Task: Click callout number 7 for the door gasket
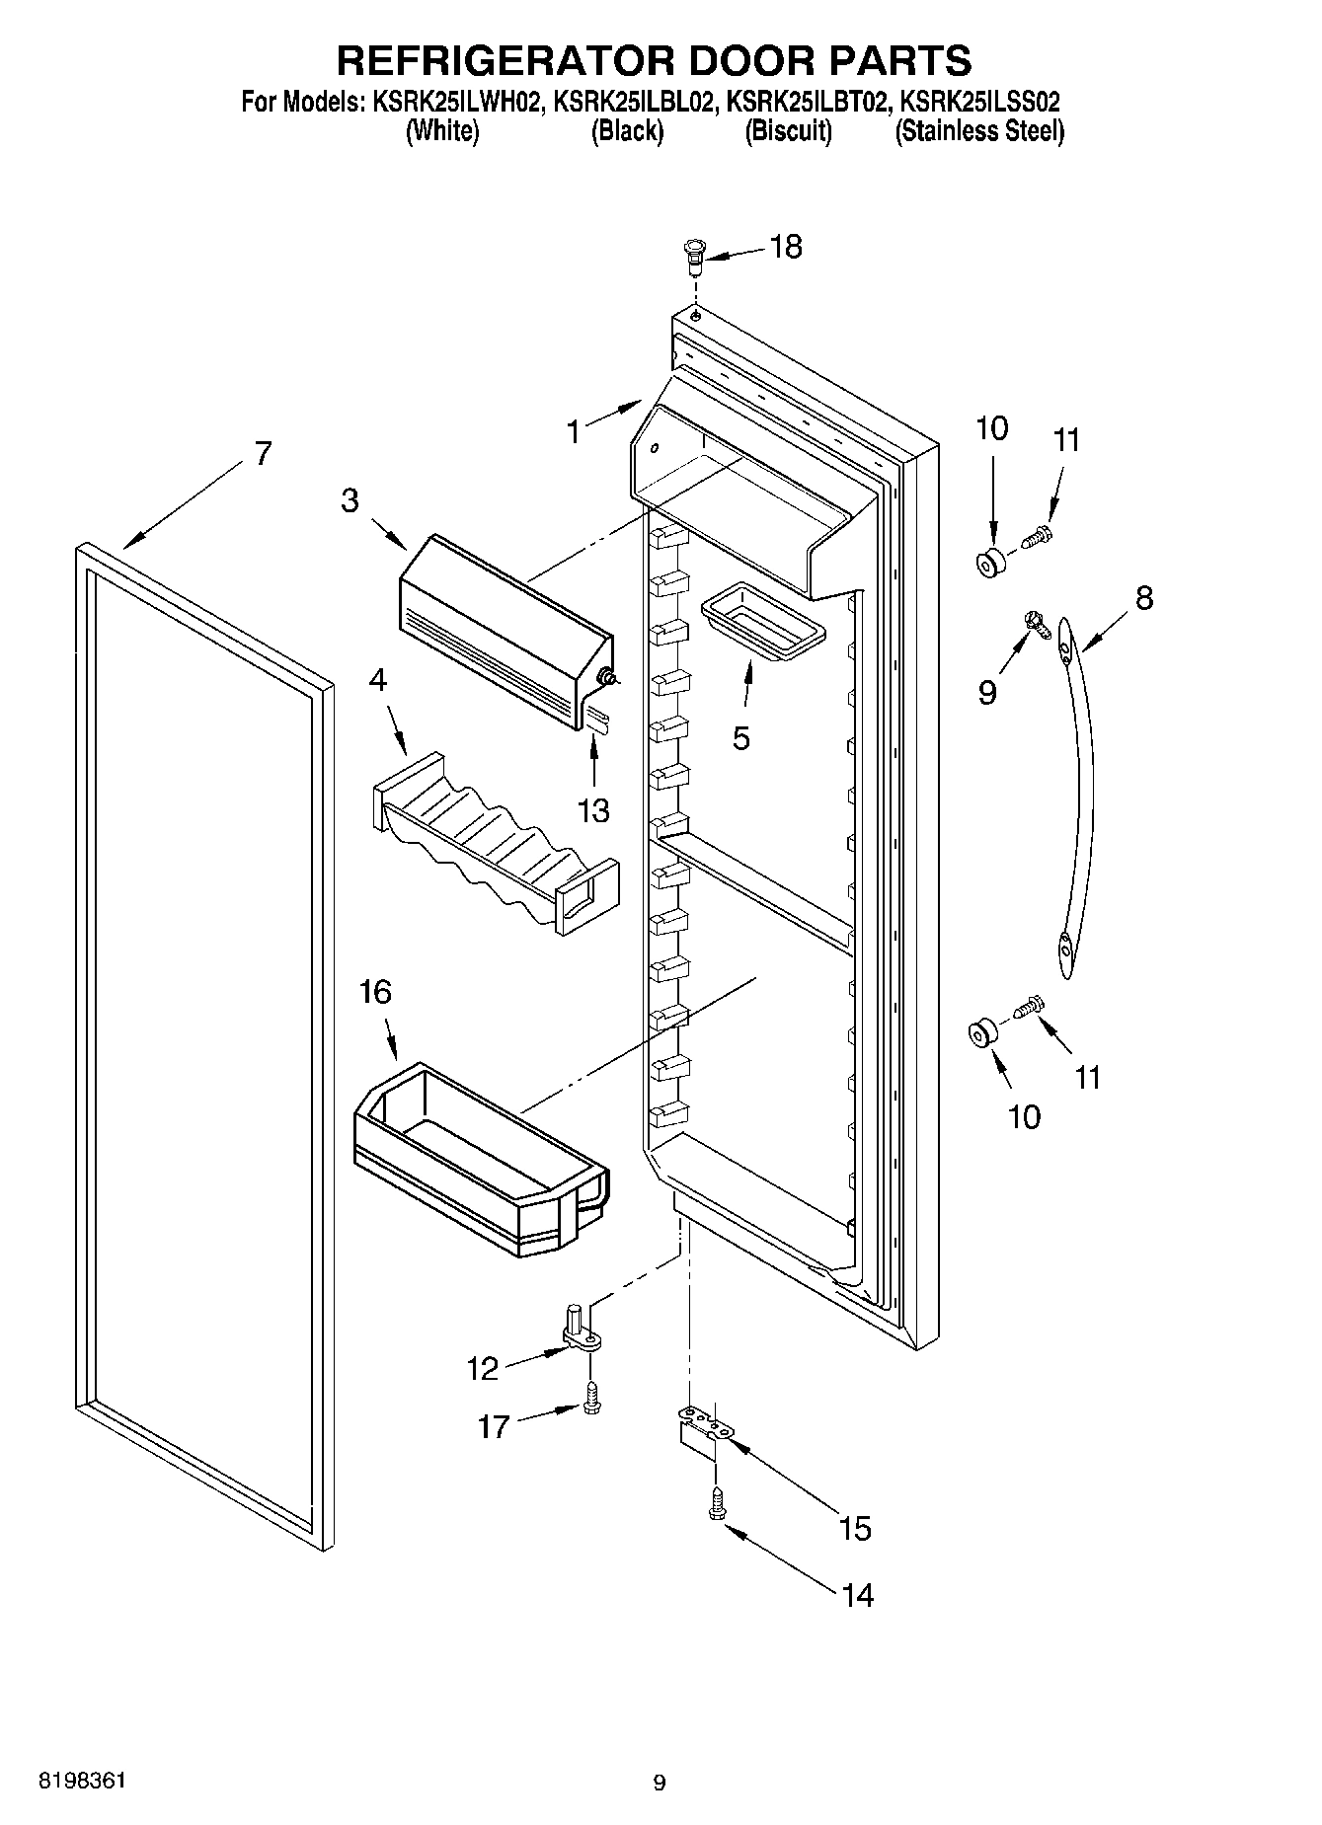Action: [x=262, y=454]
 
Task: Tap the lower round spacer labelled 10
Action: [x=982, y=1033]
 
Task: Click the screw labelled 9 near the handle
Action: [x=1034, y=620]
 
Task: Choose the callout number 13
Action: [x=593, y=810]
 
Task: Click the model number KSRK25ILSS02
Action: [x=980, y=101]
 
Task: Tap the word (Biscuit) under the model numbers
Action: [x=788, y=131]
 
